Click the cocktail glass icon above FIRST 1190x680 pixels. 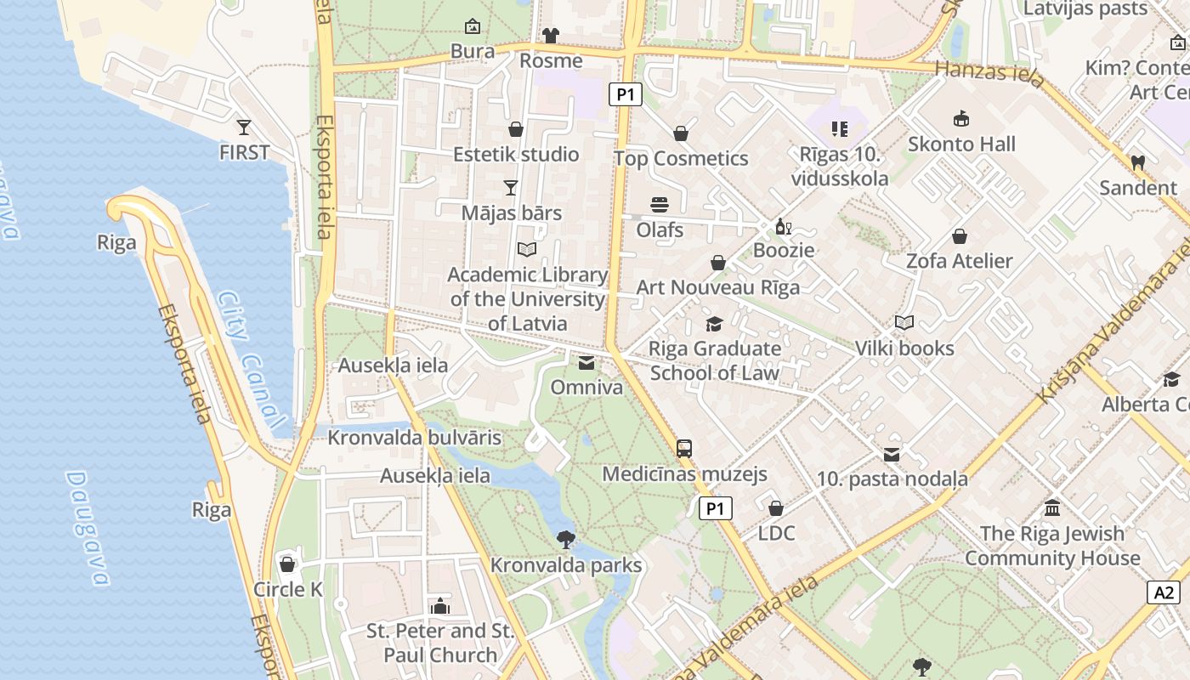pyautogui.click(x=244, y=127)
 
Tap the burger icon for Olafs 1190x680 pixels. pyautogui.click(x=660, y=205)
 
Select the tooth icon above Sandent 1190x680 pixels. pyautogui.click(x=1137, y=162)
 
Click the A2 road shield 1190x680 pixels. pyautogui.click(x=1164, y=592)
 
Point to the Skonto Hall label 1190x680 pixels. pyautogui.click(x=961, y=144)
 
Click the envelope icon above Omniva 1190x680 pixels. pyautogui.click(x=586, y=363)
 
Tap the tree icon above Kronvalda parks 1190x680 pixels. pyautogui.click(x=565, y=539)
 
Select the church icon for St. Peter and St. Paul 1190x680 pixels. pyautogui.click(x=439, y=606)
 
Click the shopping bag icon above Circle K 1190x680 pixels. pyautogui.click(x=287, y=564)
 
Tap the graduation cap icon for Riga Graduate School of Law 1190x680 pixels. pyautogui.click(x=714, y=324)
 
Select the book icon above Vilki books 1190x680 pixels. pyautogui.click(x=904, y=323)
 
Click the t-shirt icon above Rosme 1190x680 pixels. pyautogui.click(x=551, y=36)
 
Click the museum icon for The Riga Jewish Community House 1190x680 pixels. pyautogui.click(x=1052, y=508)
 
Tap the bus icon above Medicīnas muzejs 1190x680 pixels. pyautogui.click(x=684, y=449)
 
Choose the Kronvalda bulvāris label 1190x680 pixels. pyautogui.click(x=415, y=438)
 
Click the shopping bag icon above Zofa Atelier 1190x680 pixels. pyautogui.click(x=960, y=236)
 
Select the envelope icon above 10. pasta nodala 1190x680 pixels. pyautogui.click(x=892, y=455)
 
